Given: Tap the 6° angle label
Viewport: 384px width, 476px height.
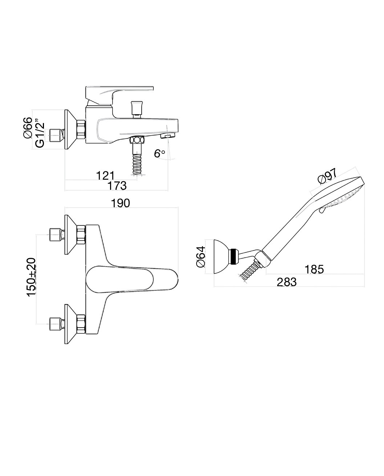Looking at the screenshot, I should [159, 153].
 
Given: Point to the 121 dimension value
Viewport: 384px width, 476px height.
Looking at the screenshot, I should [105, 176].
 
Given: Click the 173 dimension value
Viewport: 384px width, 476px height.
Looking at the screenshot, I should [117, 185].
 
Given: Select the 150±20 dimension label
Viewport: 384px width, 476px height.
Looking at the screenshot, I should [32, 277].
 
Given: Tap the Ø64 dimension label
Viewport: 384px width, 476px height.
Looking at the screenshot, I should [201, 257].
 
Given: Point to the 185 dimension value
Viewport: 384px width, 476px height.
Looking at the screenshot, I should [314, 269].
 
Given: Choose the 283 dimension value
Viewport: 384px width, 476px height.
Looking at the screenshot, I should [287, 282].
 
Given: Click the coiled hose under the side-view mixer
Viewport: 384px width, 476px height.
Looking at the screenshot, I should [137, 164].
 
